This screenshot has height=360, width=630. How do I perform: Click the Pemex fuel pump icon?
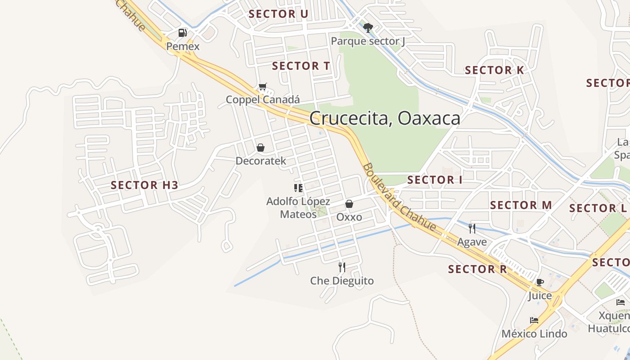(182, 33)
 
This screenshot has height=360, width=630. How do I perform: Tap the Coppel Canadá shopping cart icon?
(263, 86)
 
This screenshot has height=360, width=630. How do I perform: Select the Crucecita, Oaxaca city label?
(385, 118)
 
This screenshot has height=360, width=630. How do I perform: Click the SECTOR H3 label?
(144, 185)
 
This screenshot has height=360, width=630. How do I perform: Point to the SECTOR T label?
(301, 66)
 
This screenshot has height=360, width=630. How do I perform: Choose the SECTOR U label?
(279, 14)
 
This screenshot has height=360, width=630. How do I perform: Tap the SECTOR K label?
(495, 70)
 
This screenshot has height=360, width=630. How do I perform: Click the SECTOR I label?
(435, 180)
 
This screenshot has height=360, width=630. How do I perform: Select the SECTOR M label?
(521, 205)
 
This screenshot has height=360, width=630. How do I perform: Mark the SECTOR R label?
(477, 269)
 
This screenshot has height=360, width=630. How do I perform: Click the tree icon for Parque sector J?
(368, 28)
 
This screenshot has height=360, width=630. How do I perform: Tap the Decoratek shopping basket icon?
(261, 148)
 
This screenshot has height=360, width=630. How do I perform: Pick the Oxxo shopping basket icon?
(349, 204)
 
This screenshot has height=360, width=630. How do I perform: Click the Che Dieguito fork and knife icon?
(342, 267)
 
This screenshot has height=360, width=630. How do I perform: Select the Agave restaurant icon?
(472, 229)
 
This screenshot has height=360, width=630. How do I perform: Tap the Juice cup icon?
(540, 283)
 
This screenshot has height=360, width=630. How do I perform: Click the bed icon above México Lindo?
(534, 320)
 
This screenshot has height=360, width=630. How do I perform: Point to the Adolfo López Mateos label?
(298, 207)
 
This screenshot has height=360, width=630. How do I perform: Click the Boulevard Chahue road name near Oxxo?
(399, 197)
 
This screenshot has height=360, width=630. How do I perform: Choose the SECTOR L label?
(598, 208)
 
